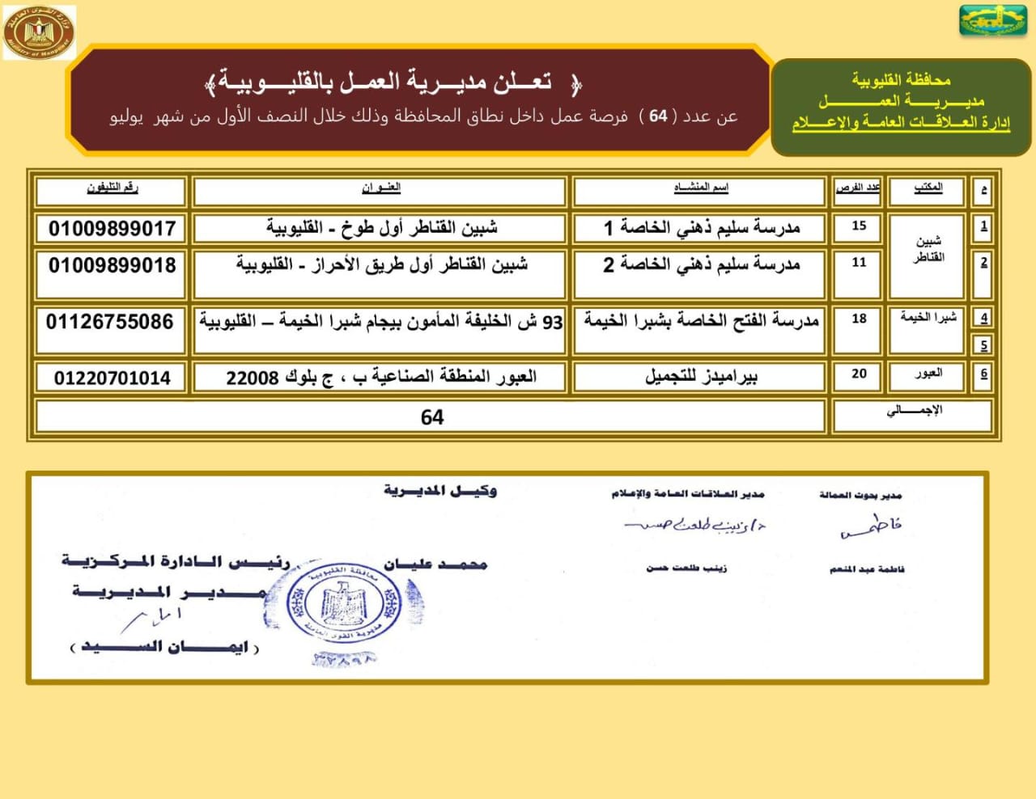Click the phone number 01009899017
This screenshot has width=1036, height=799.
pyautogui.click(x=112, y=228)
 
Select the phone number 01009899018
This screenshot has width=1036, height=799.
pyautogui.click(x=112, y=265)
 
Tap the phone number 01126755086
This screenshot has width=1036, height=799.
pyautogui.click(x=110, y=322)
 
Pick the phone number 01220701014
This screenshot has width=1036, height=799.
pyautogui.click(x=113, y=378)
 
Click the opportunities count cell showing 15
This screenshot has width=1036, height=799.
pyautogui.click(x=859, y=226)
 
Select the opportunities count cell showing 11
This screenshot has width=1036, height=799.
pyautogui.click(x=859, y=263)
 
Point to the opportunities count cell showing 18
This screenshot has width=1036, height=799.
pyautogui.click(x=859, y=319)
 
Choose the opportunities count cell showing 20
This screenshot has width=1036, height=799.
pyautogui.click(x=859, y=374)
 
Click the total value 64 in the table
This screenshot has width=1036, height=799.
pyautogui.click(x=432, y=417)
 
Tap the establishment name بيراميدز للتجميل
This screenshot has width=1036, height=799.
pyautogui.click(x=701, y=377)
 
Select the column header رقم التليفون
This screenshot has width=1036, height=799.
pyautogui.click(x=113, y=188)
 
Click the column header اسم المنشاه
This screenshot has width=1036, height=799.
pyautogui.click(x=701, y=188)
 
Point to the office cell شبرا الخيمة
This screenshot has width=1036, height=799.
pyautogui.click(x=928, y=318)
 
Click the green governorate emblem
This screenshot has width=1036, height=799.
pyautogui.click(x=992, y=21)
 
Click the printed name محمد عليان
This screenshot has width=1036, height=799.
pyautogui.click(x=435, y=564)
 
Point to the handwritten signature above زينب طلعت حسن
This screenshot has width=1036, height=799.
pyautogui.click(x=694, y=525)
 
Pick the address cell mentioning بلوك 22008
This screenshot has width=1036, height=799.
pyautogui.click(x=380, y=378)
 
